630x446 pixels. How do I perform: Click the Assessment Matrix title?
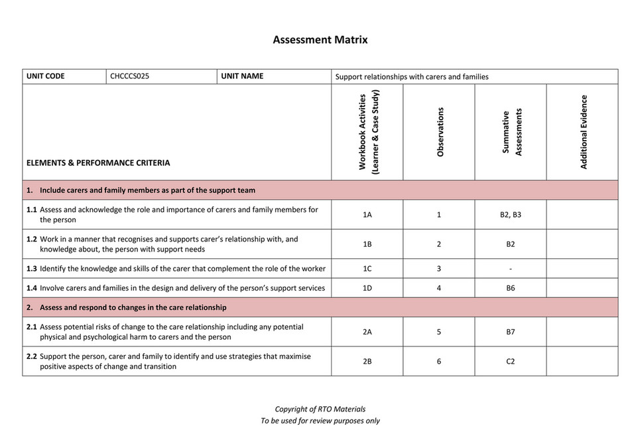320,40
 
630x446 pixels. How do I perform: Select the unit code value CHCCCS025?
130,76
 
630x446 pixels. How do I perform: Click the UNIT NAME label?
242,76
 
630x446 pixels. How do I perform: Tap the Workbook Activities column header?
367,132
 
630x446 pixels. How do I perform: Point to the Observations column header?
440,132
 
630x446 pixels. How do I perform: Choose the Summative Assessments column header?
511,132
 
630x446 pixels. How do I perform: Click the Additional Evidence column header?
584,132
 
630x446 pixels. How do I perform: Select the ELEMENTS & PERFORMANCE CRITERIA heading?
98,163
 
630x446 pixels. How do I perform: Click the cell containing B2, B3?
511,215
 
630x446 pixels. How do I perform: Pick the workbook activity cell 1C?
367,269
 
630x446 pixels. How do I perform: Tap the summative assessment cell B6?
511,288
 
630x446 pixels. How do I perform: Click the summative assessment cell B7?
511,333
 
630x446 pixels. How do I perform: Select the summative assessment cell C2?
511,362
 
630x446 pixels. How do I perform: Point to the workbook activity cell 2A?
367,333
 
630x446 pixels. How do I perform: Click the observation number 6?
439,362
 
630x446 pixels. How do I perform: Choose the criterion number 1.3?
32,269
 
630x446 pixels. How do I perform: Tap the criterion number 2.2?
32,356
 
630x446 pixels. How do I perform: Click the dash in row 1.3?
511,269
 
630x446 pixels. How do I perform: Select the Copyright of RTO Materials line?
320,409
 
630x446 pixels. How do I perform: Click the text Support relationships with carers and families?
412,76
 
